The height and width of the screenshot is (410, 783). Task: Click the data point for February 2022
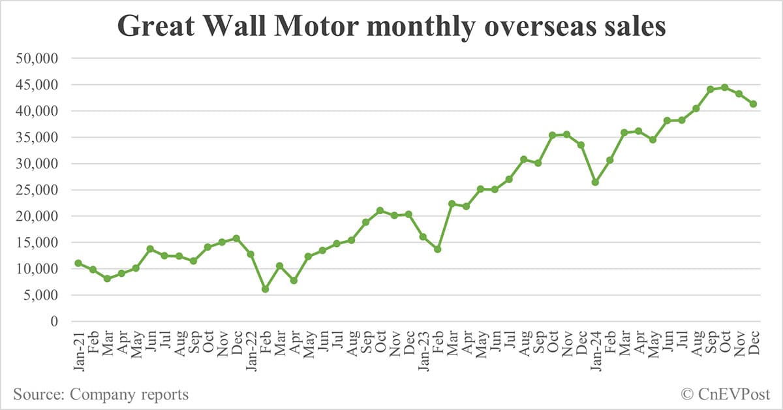(x=265, y=289)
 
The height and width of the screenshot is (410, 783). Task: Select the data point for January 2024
(x=595, y=182)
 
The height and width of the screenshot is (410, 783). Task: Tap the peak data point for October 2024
(x=724, y=87)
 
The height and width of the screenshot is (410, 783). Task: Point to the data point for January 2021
(x=78, y=263)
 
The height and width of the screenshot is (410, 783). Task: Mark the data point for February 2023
(x=437, y=249)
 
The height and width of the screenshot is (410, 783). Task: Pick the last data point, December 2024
(x=753, y=104)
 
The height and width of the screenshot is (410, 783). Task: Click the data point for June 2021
(x=150, y=249)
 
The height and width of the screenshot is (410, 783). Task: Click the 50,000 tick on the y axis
(x=37, y=59)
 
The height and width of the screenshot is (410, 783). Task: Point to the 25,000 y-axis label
(x=37, y=190)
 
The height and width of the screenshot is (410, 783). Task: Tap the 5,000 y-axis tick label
(x=40, y=295)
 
